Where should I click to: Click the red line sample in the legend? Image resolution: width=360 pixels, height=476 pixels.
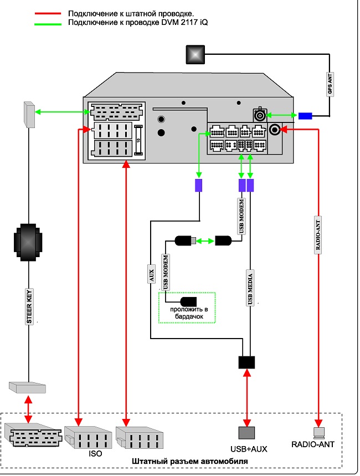point(48,14)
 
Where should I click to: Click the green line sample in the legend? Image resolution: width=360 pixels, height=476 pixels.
point(48,24)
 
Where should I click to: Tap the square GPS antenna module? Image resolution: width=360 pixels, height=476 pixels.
point(195,55)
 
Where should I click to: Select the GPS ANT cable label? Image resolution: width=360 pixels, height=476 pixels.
point(330,84)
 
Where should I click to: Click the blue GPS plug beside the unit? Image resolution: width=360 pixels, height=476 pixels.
point(305,116)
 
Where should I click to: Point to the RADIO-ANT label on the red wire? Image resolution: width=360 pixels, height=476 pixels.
point(318,235)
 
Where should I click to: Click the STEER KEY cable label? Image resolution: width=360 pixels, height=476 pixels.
point(29,306)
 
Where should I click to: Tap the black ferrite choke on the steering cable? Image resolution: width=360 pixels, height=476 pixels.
point(28,242)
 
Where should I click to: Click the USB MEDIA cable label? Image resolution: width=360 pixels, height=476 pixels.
point(250,288)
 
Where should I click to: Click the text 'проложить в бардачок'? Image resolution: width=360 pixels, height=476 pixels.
point(189,313)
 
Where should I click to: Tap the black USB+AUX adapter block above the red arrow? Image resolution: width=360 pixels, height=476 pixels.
point(246,362)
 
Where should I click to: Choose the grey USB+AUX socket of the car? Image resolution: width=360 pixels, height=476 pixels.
point(246,433)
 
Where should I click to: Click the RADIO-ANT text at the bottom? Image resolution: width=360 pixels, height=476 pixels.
point(313,444)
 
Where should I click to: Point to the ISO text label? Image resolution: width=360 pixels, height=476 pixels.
point(95,453)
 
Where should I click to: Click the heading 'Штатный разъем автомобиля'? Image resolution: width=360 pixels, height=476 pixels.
point(190,462)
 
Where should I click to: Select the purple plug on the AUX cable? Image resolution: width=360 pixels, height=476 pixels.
point(198,185)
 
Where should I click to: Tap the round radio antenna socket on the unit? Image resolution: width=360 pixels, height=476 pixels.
point(275,130)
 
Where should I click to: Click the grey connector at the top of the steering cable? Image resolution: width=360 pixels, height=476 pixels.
point(29,115)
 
